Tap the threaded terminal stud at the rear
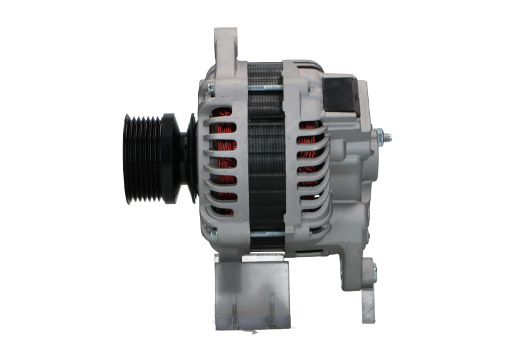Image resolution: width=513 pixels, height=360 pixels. (387, 136)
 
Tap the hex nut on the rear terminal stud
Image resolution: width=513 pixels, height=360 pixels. (380, 136)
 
